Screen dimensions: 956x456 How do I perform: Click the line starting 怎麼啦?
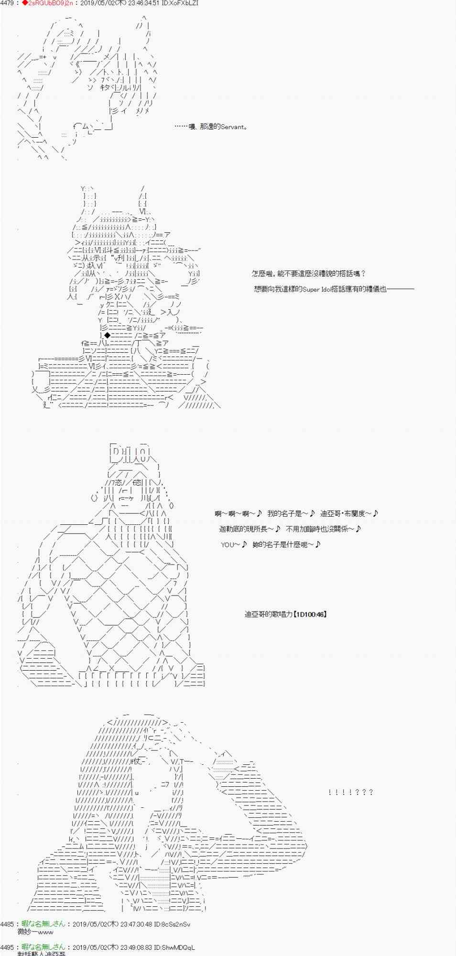coord(309,273)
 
